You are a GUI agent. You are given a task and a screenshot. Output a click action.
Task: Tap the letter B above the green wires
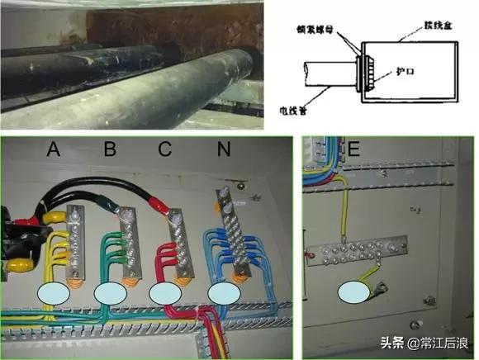click(x=109, y=149)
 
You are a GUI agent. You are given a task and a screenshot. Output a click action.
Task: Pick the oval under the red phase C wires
click(x=168, y=293)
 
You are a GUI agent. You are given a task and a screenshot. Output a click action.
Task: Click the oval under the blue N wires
click(x=225, y=293)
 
